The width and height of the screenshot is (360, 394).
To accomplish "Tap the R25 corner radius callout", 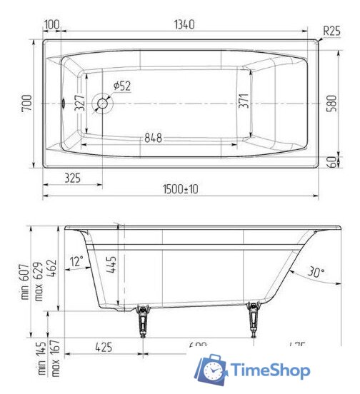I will pos(331,31).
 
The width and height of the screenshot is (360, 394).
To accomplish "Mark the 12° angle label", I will pos(77,261).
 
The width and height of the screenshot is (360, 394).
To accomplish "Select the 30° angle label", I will pos(316,271).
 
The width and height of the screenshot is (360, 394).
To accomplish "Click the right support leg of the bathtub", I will pos(253,320).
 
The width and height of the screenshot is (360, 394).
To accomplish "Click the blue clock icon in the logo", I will pos(212,370).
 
